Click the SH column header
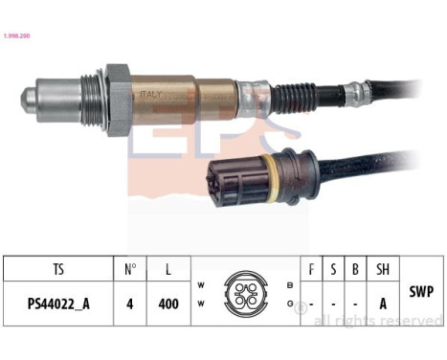pos(382,269)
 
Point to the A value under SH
pos(382,305)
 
